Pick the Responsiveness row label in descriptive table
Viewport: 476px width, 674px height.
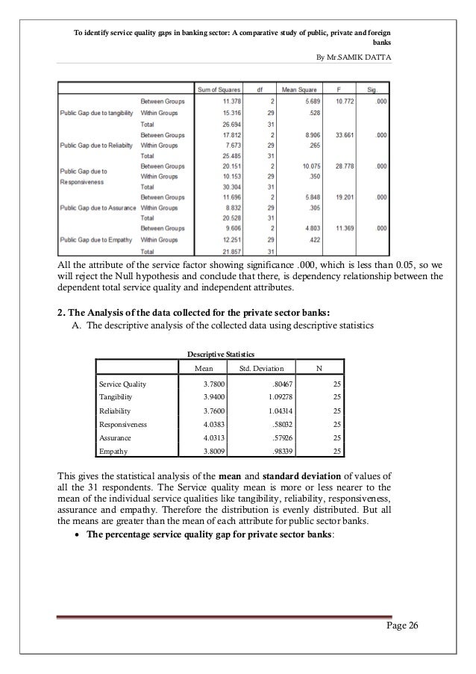[123, 424]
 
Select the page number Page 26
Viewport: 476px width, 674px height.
[401, 625]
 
